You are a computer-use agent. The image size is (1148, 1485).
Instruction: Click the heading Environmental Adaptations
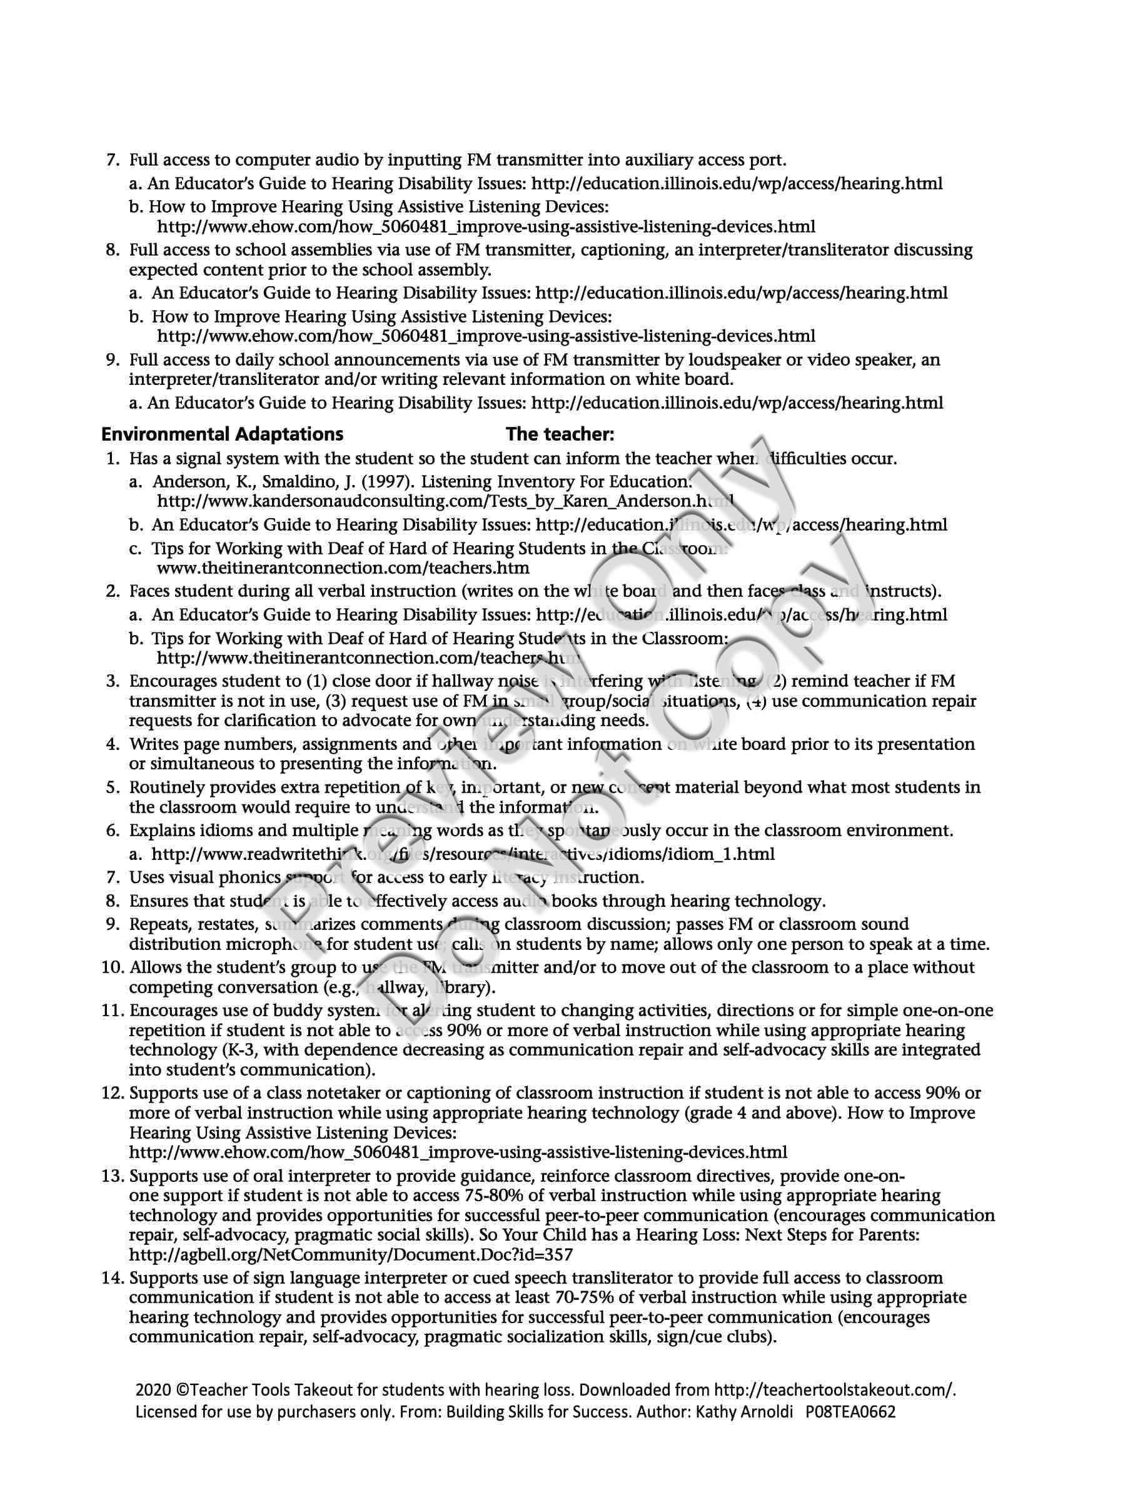pos(222,434)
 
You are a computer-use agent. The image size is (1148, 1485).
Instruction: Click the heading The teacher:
pos(560,434)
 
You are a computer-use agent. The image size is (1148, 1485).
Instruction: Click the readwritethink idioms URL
pos(463,854)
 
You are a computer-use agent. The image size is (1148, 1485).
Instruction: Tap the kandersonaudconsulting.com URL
pos(445,502)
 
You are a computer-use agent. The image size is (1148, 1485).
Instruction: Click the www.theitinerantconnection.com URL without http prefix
pos(343,567)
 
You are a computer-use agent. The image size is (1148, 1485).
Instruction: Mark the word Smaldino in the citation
pos(298,482)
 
